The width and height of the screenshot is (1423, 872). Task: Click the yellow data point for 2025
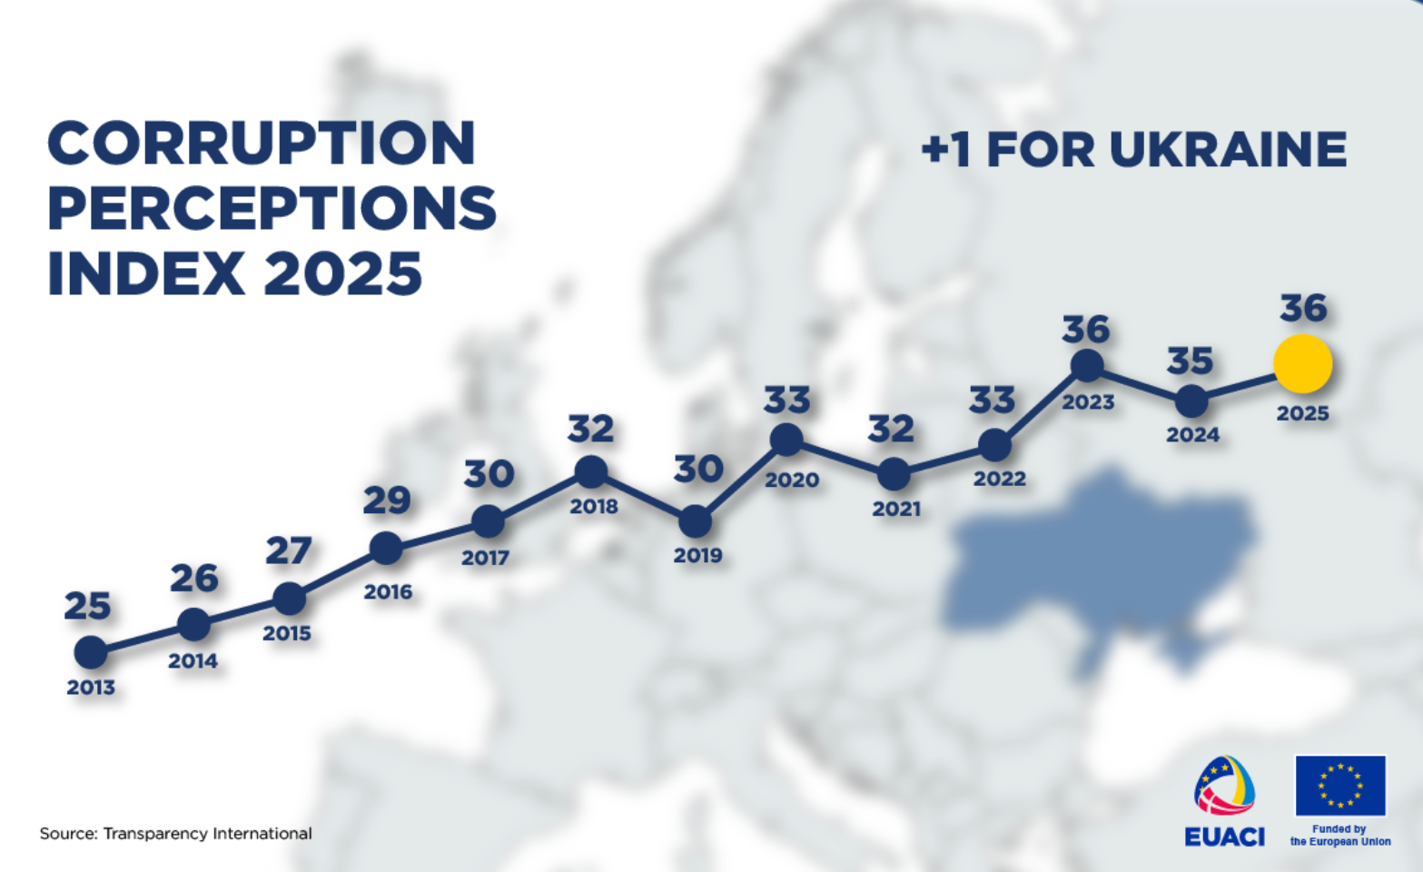[1303, 364]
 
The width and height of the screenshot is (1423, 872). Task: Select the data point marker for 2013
[91, 652]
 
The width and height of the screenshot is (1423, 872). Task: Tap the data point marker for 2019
[696, 521]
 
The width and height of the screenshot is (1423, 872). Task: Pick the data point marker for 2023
[1087, 365]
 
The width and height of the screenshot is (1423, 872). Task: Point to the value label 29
[387, 500]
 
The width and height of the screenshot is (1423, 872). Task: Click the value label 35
[1190, 361]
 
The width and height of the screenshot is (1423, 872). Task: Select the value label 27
[289, 550]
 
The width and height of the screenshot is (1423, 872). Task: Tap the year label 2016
[388, 592]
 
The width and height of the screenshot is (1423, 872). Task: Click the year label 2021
[896, 509]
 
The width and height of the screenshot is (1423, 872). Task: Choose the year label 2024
[1193, 435]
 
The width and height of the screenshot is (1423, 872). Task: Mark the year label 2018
[594, 507]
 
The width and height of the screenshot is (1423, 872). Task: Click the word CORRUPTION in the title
[262, 143]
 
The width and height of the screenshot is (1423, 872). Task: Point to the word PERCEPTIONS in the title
[272, 208]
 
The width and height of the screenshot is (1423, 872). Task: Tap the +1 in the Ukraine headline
[946, 150]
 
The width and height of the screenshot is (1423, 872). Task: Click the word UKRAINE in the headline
[1229, 149]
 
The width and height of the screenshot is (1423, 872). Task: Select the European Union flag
[1340, 786]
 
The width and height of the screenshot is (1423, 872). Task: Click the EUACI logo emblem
[1225, 786]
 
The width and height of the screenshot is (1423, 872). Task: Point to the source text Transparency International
[207, 834]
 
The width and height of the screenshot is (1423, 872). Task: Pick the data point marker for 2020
[786, 439]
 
